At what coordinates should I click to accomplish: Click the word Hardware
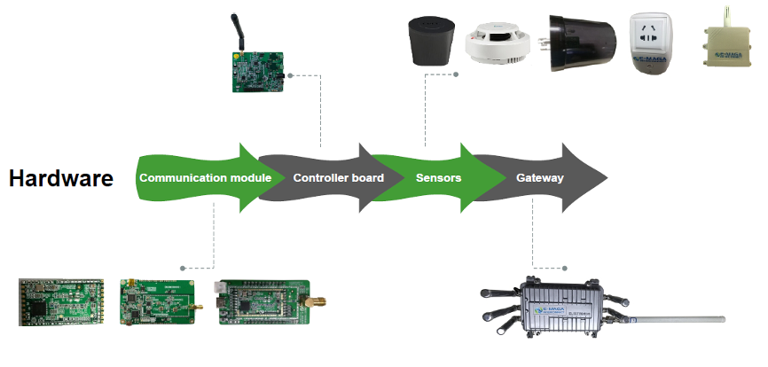point(61,178)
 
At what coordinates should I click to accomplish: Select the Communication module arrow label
point(205,178)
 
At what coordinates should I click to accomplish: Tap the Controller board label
point(338,178)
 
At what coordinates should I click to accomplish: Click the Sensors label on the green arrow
point(438,178)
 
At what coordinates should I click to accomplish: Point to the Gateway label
point(539,178)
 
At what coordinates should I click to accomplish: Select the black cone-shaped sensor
point(429,41)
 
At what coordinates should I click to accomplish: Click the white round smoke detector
point(497,43)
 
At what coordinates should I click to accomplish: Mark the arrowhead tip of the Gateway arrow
point(607,177)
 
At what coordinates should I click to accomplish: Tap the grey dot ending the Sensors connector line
point(455,74)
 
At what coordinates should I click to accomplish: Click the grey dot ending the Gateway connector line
point(567,268)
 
